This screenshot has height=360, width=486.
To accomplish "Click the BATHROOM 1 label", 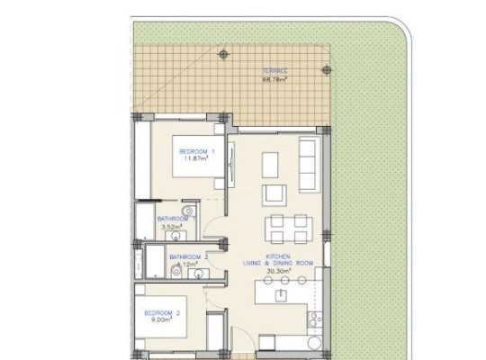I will pyautogui.click(x=176, y=219).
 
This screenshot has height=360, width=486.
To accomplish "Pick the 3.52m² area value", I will pyautogui.click(x=172, y=227).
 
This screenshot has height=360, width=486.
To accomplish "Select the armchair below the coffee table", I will pyautogui.click(x=274, y=194).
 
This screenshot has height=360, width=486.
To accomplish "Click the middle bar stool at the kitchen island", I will pyautogui.click(x=284, y=280).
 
